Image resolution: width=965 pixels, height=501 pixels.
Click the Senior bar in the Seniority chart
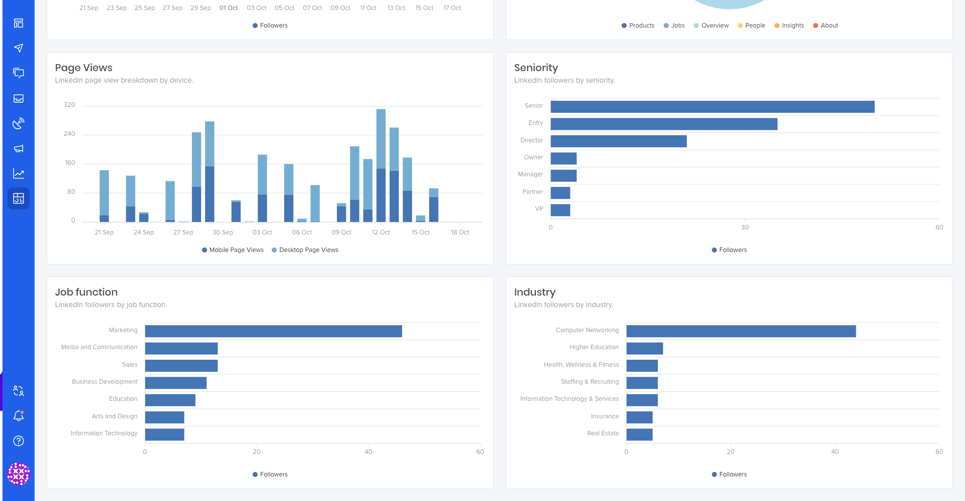(712, 107)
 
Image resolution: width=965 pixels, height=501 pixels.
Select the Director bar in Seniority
(619, 141)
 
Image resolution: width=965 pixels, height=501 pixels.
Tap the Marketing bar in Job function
(273, 331)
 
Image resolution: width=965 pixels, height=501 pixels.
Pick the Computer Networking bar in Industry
(741, 331)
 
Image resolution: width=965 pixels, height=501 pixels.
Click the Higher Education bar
(644, 349)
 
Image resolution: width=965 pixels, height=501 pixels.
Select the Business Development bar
(175, 383)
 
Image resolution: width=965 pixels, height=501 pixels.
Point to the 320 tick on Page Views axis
(69, 105)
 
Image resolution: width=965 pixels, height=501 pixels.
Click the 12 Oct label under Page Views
(380, 232)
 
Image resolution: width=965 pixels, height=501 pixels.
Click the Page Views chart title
(84, 68)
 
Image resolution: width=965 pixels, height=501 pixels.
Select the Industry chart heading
(534, 292)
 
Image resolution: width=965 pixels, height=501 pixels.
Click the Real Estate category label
(603, 433)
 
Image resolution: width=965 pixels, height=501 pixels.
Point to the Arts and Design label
(114, 416)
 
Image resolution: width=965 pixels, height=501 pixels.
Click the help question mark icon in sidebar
(19, 441)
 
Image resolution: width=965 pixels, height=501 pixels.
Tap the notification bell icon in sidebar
(19, 416)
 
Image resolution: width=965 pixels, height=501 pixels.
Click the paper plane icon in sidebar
(19, 48)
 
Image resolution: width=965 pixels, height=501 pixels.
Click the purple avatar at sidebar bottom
(19, 474)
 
